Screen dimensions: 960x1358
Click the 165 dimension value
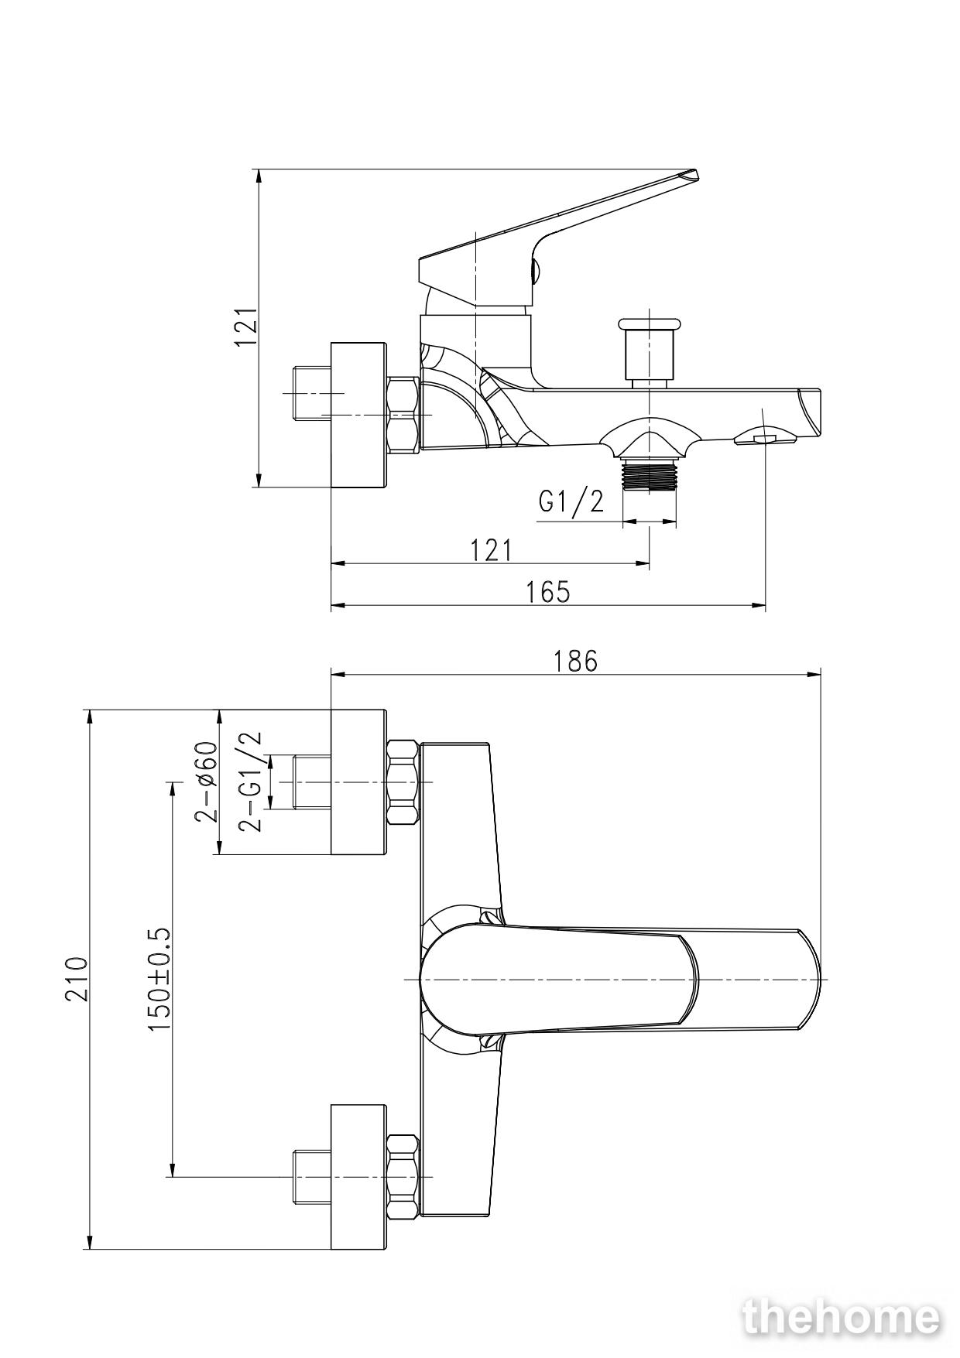coord(547,591)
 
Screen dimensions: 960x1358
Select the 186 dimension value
coord(575,661)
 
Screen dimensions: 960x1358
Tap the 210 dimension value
coord(76,979)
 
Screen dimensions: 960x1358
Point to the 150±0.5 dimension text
coord(158,979)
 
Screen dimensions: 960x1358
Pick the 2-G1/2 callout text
coord(250,782)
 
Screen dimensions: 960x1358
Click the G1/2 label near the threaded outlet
coord(571,502)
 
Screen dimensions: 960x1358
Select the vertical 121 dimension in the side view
coord(246,327)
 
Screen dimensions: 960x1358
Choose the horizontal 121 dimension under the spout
coord(492,550)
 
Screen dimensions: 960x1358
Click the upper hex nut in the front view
coord(403,782)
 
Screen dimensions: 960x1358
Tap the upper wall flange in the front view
coord(358,782)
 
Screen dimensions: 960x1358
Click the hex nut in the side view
coord(403,415)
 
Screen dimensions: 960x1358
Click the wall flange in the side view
coord(358,416)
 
